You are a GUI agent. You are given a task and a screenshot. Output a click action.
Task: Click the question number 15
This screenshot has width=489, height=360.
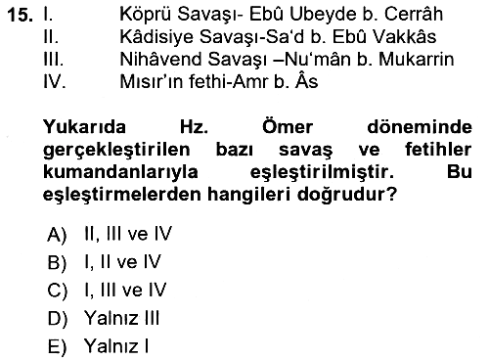[x=21, y=15]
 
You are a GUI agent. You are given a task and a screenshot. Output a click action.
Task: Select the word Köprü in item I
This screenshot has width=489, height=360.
[x=145, y=15]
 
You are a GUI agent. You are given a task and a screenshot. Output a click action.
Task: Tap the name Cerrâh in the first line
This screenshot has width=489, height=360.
[x=413, y=14]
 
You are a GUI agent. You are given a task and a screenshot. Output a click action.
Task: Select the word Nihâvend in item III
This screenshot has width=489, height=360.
[x=161, y=59]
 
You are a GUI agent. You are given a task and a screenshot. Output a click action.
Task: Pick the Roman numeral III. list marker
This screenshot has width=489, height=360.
[x=54, y=60]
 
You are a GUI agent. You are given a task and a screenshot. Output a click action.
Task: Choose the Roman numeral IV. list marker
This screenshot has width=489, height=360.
[x=55, y=81]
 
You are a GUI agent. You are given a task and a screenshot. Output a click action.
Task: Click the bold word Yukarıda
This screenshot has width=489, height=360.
[x=84, y=126]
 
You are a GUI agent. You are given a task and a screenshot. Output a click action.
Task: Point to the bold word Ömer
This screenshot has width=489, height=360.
[x=288, y=126]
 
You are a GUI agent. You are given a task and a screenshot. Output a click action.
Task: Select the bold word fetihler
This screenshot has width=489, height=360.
[x=438, y=150]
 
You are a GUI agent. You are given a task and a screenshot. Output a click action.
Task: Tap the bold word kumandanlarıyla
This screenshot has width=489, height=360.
[x=120, y=172]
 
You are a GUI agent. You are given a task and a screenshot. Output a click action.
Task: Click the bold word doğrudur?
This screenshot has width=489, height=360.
[x=347, y=195]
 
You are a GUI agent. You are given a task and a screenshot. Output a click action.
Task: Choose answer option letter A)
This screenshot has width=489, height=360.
[x=57, y=234]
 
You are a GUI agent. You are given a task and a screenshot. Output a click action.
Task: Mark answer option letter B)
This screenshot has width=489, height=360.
[x=57, y=262]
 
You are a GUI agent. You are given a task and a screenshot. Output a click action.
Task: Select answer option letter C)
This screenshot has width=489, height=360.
[x=57, y=291]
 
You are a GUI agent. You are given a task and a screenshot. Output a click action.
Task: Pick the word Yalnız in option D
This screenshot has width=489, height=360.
[x=111, y=318]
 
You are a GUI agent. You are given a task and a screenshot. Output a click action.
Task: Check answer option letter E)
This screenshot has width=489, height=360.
[x=57, y=346]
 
